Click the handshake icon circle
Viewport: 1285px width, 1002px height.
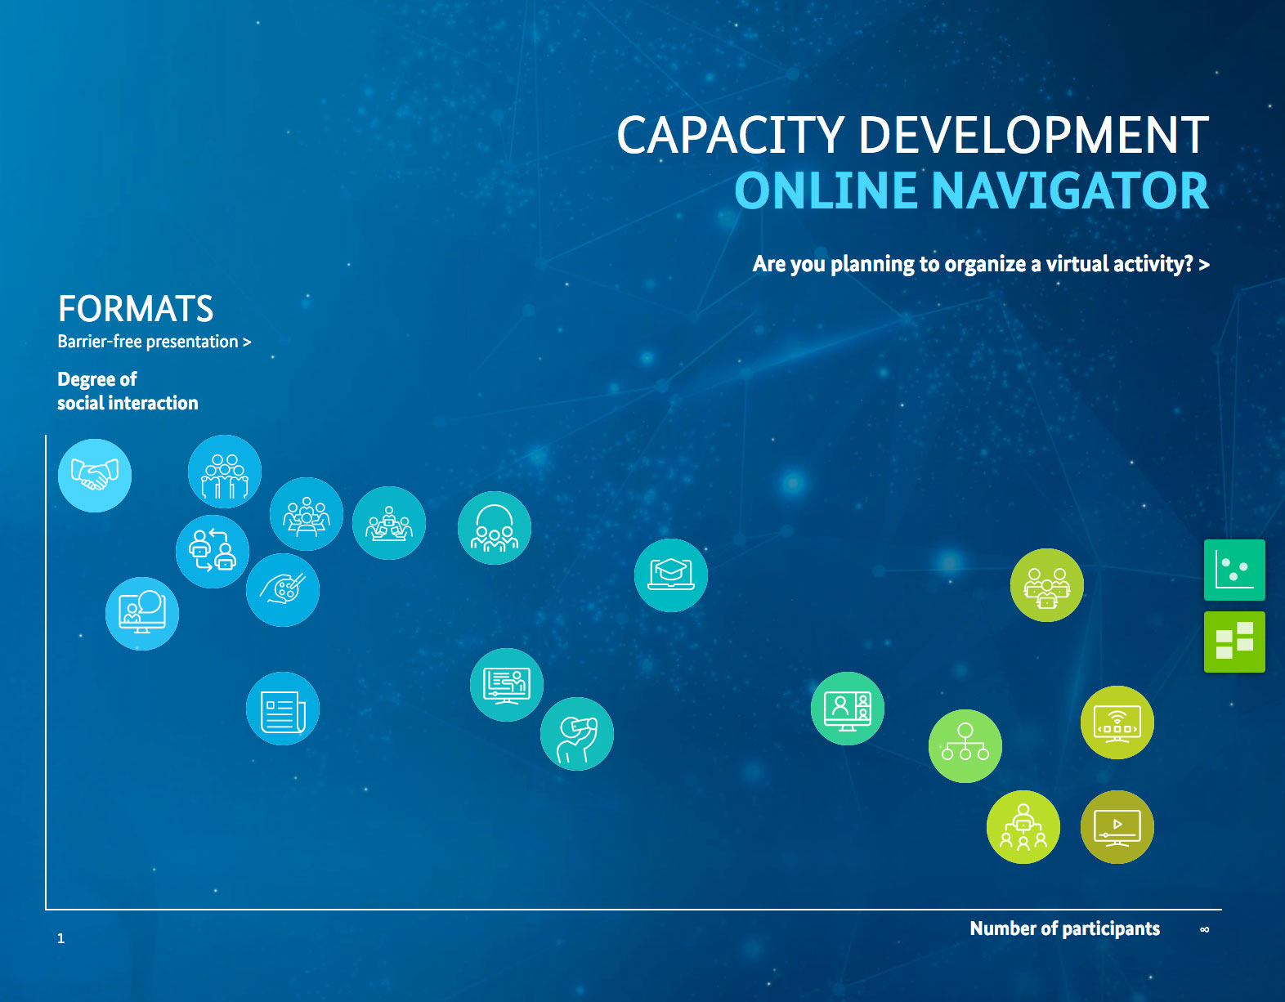95,476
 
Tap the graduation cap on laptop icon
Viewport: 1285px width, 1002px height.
670,575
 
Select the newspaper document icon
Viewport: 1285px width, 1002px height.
283,709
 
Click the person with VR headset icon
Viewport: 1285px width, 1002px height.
576,734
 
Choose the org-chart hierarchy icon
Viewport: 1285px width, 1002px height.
965,746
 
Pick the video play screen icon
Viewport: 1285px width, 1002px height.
1117,827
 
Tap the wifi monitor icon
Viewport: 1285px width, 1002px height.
1117,722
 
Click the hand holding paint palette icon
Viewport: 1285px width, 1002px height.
283,590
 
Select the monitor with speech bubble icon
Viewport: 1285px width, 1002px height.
142,614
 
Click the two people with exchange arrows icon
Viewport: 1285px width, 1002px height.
213,552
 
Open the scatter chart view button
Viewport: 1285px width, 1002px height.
1235,570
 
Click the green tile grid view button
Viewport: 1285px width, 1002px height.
1235,642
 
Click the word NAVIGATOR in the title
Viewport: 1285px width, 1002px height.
1070,191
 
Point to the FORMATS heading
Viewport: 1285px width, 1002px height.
136,309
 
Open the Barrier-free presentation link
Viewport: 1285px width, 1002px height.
154,342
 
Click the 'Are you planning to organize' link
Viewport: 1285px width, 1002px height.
981,264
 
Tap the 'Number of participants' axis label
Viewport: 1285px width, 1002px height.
1064,928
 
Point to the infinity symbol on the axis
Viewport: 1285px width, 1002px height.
1205,930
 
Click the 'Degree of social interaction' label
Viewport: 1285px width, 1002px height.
128,391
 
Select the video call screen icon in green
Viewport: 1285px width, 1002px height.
848,709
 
